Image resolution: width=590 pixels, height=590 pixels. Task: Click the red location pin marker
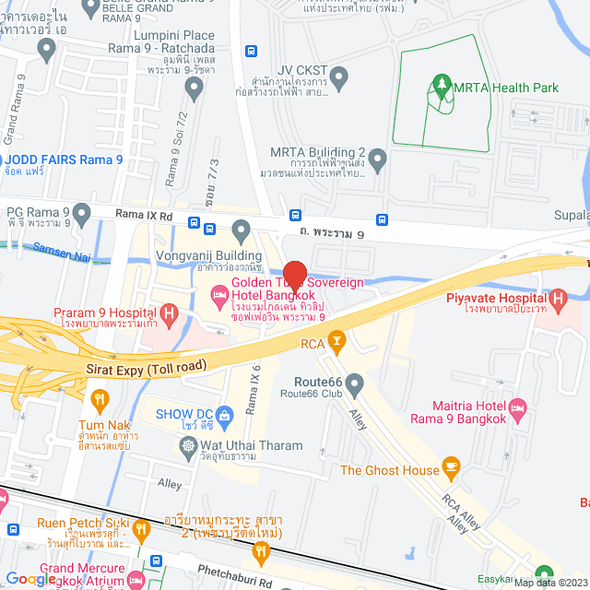click(294, 277)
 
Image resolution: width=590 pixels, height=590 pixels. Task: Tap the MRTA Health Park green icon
click(441, 88)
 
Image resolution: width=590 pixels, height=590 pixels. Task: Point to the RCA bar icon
click(337, 344)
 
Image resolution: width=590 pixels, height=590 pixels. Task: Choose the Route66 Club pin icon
click(354, 382)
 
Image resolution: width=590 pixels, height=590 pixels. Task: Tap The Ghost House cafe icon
click(451, 469)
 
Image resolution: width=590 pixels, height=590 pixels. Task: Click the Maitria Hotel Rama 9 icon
click(518, 407)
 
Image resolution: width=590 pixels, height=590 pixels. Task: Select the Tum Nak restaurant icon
click(100, 399)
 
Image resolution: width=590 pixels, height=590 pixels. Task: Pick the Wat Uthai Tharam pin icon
click(188, 445)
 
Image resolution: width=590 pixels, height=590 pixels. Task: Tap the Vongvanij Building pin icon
click(242, 228)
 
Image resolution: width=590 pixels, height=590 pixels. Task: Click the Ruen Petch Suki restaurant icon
click(140, 529)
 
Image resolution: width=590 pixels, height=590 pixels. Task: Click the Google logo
click(29, 578)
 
